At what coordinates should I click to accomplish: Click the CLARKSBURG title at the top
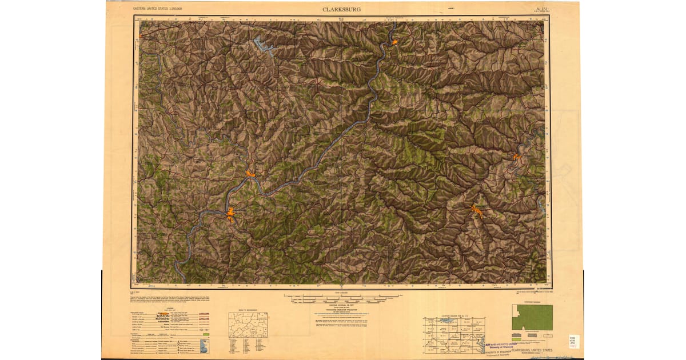pyautogui.click(x=341, y=9)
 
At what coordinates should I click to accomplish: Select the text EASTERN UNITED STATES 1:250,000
pyautogui.click(x=161, y=9)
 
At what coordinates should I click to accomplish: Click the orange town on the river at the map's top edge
pyautogui.click(x=394, y=42)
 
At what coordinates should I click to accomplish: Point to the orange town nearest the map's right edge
pyautogui.click(x=516, y=155)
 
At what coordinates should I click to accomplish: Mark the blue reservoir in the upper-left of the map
pyautogui.click(x=263, y=45)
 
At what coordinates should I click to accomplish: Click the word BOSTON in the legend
pyautogui.click(x=163, y=315)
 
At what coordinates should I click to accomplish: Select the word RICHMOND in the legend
pyautogui.click(x=162, y=319)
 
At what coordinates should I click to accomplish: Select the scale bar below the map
pyautogui.click(x=341, y=298)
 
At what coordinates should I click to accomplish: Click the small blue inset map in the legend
pyautogui.click(x=205, y=346)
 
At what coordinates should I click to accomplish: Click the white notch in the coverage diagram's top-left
pyautogui.click(x=516, y=309)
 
